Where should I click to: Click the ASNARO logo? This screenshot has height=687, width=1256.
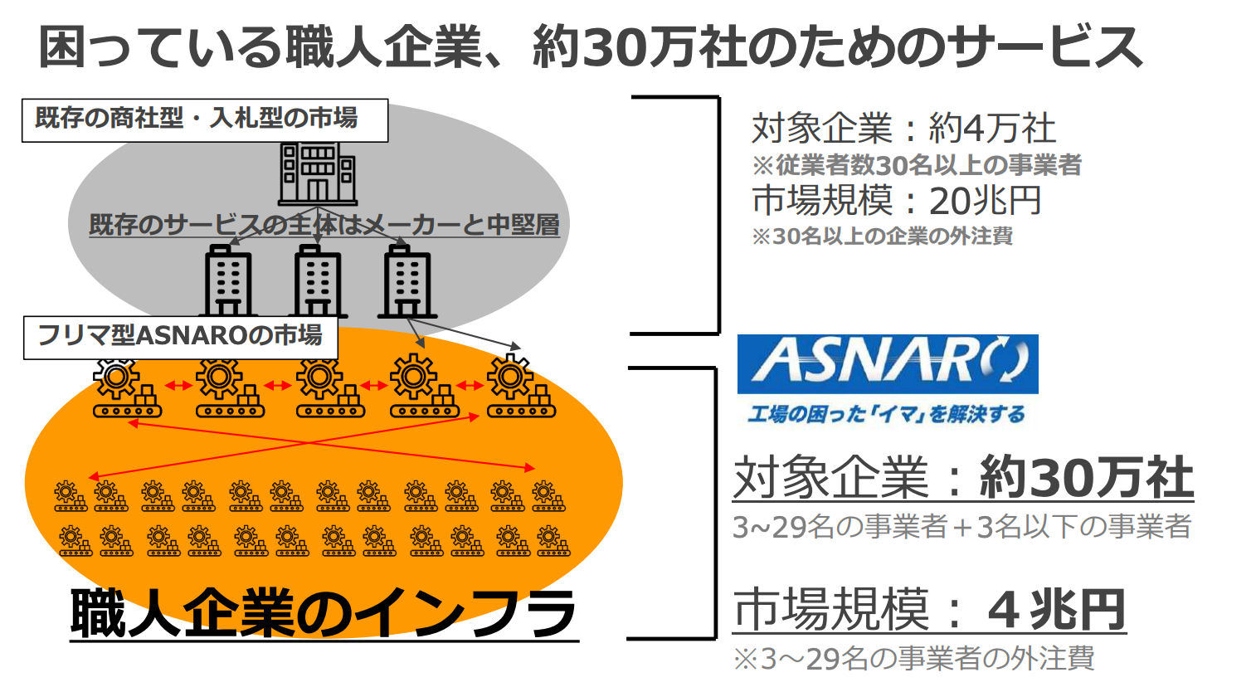887,363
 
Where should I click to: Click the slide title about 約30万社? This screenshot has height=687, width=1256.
590,46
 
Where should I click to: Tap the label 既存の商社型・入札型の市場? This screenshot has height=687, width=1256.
197,119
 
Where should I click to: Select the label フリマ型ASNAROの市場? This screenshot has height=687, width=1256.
180,336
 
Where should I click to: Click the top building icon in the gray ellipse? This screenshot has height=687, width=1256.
317,173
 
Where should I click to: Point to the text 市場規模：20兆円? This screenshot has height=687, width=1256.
897,201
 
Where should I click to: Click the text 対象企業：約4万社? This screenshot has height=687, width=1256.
903,129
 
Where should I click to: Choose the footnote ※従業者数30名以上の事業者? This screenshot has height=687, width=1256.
916,165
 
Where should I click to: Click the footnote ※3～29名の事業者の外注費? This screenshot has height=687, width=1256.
913,659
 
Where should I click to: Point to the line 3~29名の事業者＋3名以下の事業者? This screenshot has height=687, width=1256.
961,527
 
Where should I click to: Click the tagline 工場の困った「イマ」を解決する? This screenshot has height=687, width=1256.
886,413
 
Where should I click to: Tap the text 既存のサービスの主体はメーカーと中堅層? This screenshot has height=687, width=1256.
324,225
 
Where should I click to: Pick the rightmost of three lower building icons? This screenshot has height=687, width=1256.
407,282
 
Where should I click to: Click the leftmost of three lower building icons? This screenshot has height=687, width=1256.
228,282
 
